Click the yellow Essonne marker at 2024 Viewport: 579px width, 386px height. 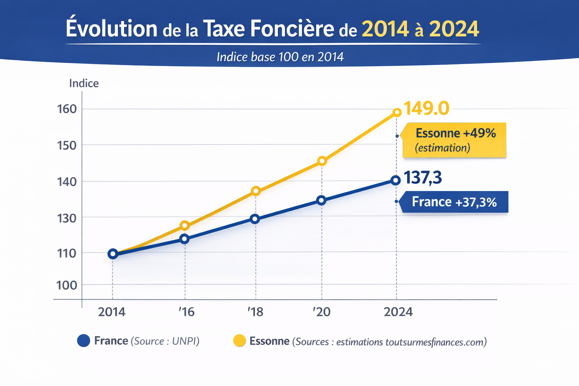(397, 112)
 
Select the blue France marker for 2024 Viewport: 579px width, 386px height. (395, 180)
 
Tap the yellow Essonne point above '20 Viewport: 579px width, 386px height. (322, 161)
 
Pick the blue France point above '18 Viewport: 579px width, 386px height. (255, 219)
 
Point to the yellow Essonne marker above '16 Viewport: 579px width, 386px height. (185, 225)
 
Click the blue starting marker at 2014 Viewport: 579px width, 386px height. (112, 254)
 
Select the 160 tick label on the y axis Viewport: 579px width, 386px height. (67, 109)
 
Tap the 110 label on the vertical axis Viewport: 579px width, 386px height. (67, 253)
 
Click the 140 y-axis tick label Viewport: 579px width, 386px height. (67, 182)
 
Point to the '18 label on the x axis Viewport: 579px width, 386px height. (255, 312)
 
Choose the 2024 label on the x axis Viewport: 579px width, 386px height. (398, 312)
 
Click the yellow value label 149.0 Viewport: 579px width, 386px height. (426, 109)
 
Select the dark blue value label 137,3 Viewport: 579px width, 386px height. (423, 178)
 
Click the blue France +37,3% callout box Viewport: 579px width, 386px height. (454, 202)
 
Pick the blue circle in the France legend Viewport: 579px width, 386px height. (83, 341)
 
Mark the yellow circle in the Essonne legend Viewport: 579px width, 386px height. (239, 341)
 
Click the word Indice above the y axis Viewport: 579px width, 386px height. (84, 83)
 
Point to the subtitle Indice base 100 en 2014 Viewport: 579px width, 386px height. (280, 57)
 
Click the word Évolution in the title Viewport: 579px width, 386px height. (112, 29)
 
